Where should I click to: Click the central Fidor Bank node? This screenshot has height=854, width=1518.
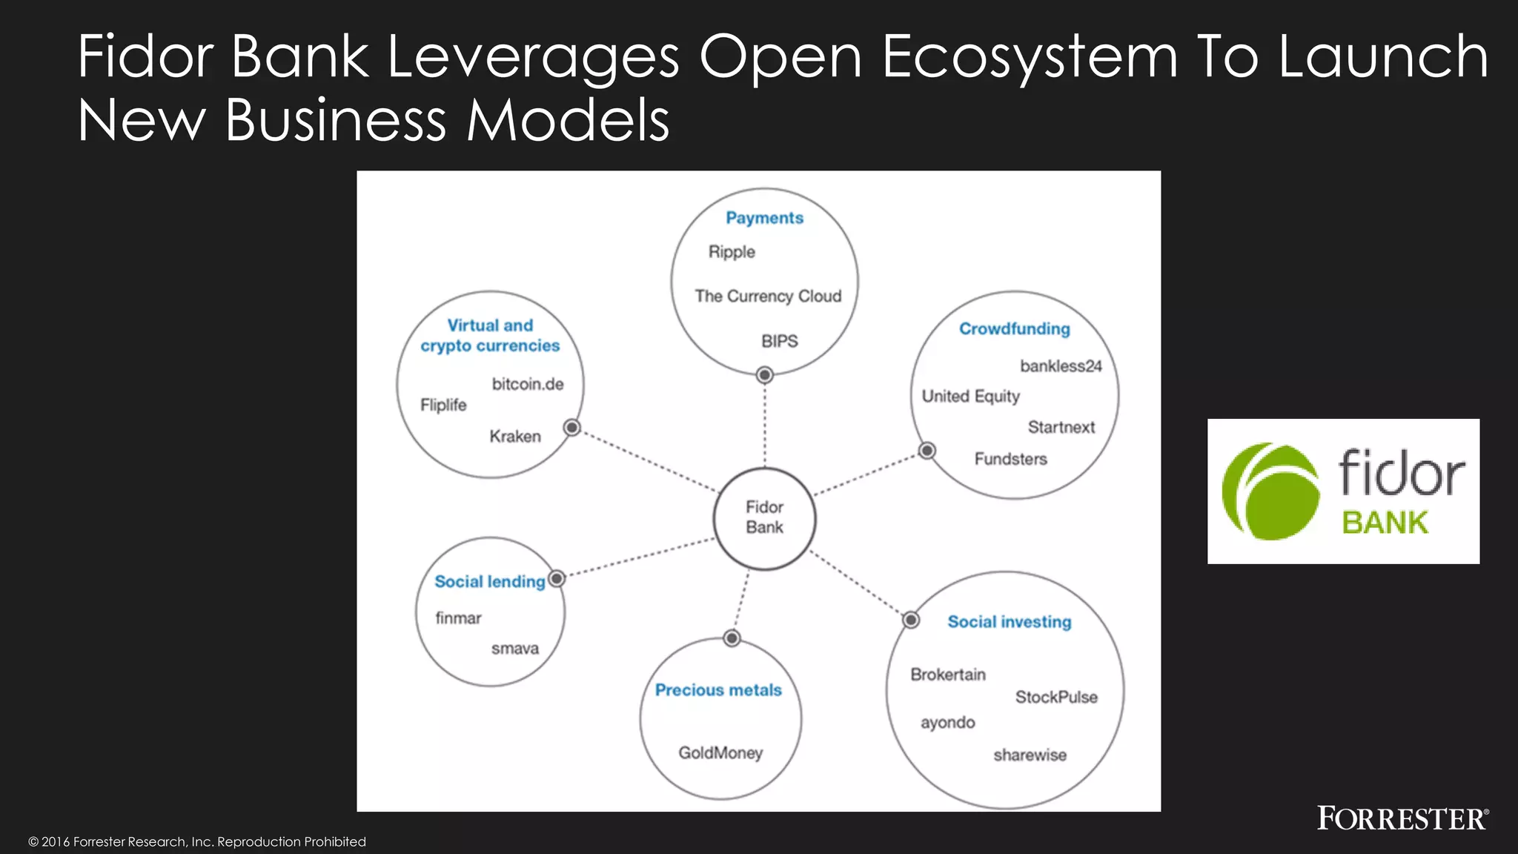pos(764,518)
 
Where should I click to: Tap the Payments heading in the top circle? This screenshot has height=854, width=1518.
pos(764,218)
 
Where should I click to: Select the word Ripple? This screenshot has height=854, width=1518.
pos(732,252)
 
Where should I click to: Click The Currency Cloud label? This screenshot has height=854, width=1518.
pos(768,297)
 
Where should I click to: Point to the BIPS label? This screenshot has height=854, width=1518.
pos(779,342)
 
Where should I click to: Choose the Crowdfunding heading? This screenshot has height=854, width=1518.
pos(1014,329)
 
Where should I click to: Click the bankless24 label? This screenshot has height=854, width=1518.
pos(1061,366)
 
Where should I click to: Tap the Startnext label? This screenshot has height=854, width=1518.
pos(1061,428)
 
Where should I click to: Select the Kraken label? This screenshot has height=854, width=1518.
pos(515,437)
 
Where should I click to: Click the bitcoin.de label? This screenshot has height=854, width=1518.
pos(528,385)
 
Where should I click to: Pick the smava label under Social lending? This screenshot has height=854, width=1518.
pos(515,649)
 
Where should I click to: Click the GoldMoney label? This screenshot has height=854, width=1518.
pos(720,753)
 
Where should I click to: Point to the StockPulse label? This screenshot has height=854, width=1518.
pos(1056,698)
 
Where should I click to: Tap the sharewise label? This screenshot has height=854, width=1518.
pos(1030,755)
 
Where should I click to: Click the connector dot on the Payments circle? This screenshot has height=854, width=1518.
pos(765,375)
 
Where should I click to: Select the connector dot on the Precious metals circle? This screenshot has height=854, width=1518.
pos(732,638)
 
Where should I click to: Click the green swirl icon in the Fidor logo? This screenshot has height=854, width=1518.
pos(1270,491)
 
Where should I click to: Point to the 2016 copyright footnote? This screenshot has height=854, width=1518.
pos(197,842)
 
